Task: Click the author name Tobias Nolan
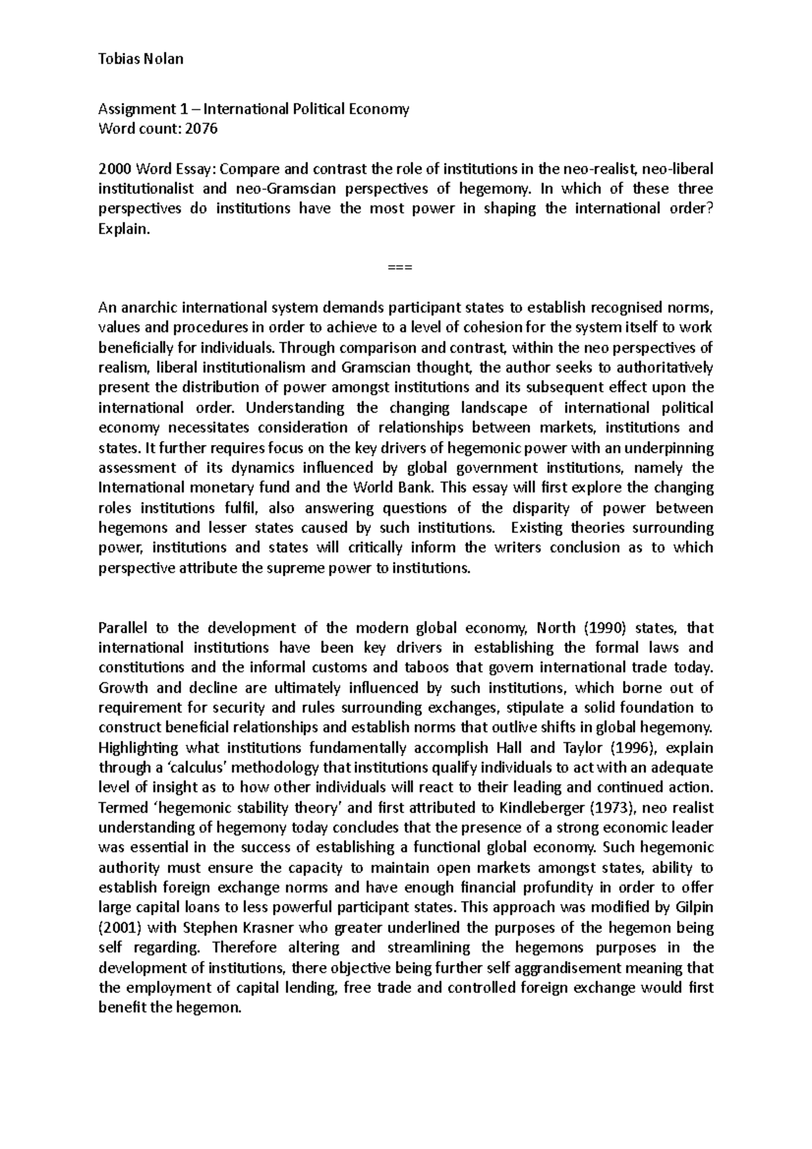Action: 141,59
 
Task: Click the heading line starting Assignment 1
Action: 254,109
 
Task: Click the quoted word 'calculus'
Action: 181,767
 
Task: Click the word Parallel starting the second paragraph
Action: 123,627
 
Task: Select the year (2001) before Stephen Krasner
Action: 120,927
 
